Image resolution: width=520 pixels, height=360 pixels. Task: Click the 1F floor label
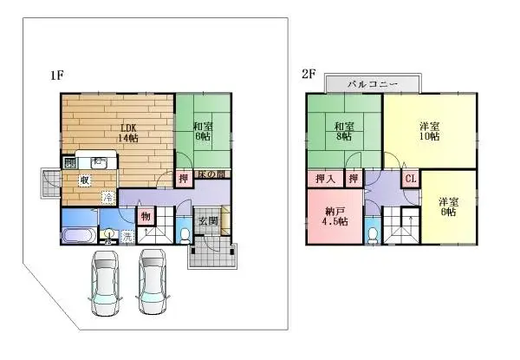point(56,75)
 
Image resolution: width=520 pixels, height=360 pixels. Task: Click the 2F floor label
point(309,75)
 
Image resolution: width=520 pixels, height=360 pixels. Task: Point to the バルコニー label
point(372,83)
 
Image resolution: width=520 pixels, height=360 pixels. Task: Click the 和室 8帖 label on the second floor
point(343,130)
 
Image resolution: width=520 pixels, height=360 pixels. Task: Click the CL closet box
point(411,179)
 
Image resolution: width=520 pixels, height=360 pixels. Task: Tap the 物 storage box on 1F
point(146,215)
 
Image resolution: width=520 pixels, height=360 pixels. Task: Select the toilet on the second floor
point(372,233)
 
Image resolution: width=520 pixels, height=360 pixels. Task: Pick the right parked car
point(153,282)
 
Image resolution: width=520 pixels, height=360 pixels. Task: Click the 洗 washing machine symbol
point(126,235)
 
